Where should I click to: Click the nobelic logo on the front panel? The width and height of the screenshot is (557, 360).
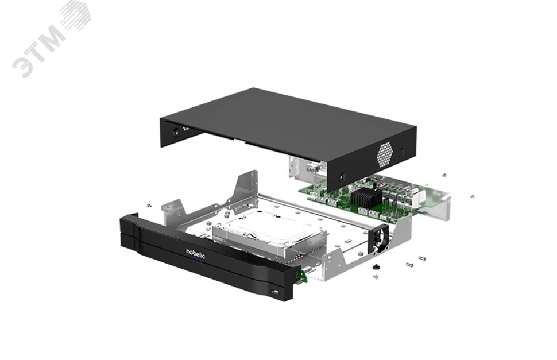196,253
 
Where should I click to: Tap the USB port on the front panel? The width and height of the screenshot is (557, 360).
274,292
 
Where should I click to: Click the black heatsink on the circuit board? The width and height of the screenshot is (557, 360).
366,198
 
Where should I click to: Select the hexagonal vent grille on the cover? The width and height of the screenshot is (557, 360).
385,155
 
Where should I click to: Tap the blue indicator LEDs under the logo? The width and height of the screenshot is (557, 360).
196,262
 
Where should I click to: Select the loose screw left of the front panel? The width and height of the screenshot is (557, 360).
149,205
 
